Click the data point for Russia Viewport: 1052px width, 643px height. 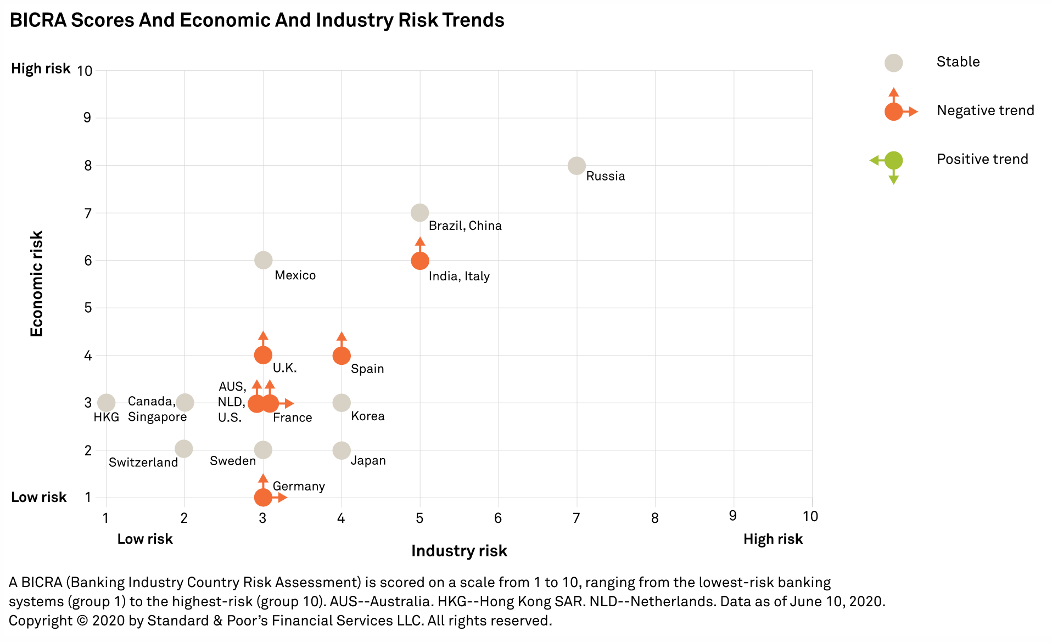576,165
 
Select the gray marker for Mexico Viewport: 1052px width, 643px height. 263,260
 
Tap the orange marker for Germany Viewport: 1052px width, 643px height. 263,497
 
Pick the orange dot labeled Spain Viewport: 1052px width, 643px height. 342,356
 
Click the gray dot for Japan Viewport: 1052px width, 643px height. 342,450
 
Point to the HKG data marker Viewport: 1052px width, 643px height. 106,403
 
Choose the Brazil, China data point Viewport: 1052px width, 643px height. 419,213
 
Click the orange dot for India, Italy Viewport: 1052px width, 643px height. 419,261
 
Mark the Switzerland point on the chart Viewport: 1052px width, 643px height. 184,449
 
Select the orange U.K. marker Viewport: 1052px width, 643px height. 263,356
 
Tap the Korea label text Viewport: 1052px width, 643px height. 367,416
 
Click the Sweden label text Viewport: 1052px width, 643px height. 233,461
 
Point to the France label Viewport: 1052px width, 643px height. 292,418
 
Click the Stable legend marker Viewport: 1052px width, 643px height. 893,63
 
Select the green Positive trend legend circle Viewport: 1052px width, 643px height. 893,160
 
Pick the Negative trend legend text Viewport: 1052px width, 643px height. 985,111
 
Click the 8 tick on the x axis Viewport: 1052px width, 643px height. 654,518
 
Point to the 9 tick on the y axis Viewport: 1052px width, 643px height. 88,118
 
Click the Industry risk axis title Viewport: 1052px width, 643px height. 459,551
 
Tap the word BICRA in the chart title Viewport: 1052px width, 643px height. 38,20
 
